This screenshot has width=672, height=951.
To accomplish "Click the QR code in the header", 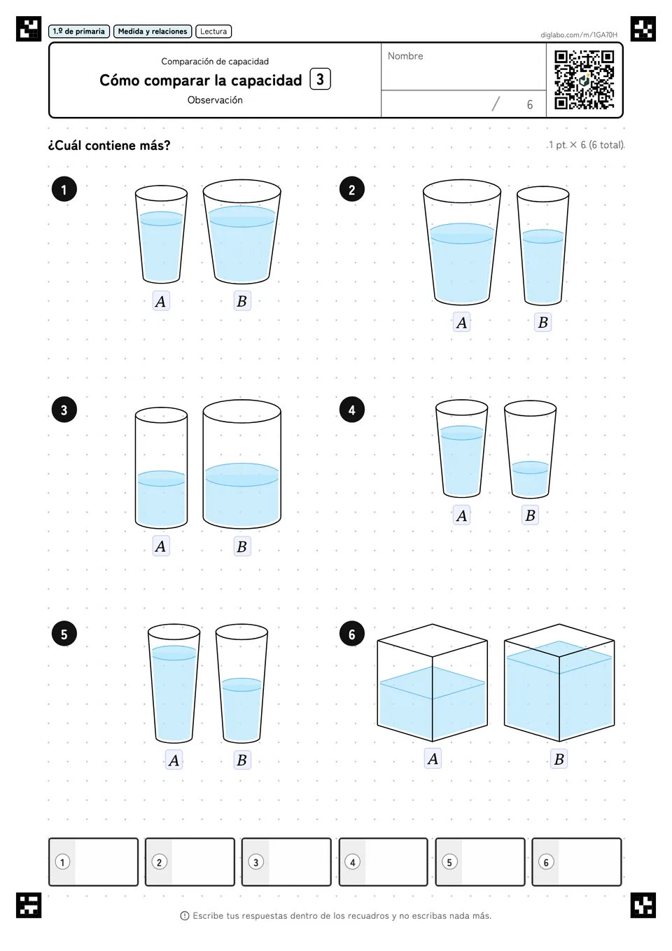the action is [584, 80].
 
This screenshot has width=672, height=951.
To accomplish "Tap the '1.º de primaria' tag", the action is [79, 32].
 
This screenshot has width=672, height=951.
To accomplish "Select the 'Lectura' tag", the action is [213, 32].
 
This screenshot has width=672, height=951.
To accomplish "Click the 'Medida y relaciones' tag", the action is [153, 32].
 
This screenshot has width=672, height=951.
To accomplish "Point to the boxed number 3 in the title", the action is [320, 79].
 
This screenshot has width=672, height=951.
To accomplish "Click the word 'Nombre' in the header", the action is [405, 56].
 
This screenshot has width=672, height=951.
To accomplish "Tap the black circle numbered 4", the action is [351, 410].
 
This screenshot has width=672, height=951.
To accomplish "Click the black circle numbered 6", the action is [351, 634].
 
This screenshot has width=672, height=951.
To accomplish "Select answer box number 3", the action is [286, 862].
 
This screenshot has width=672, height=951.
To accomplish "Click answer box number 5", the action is [480, 862].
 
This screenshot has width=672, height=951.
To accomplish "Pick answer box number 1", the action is [93, 862].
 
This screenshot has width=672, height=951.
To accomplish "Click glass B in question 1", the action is [241, 231].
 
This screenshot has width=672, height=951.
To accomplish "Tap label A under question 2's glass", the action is [461, 323].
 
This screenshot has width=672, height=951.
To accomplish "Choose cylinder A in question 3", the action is [161, 468].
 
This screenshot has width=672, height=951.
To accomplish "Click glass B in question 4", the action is [531, 449].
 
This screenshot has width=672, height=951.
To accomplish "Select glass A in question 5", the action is [174, 683].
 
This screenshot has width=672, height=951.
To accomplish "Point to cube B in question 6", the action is [559, 683].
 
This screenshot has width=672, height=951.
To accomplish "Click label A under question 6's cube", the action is [433, 758].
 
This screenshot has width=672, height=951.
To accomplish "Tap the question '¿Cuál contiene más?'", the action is [109, 145].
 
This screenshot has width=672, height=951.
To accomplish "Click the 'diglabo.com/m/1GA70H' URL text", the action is [579, 35].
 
